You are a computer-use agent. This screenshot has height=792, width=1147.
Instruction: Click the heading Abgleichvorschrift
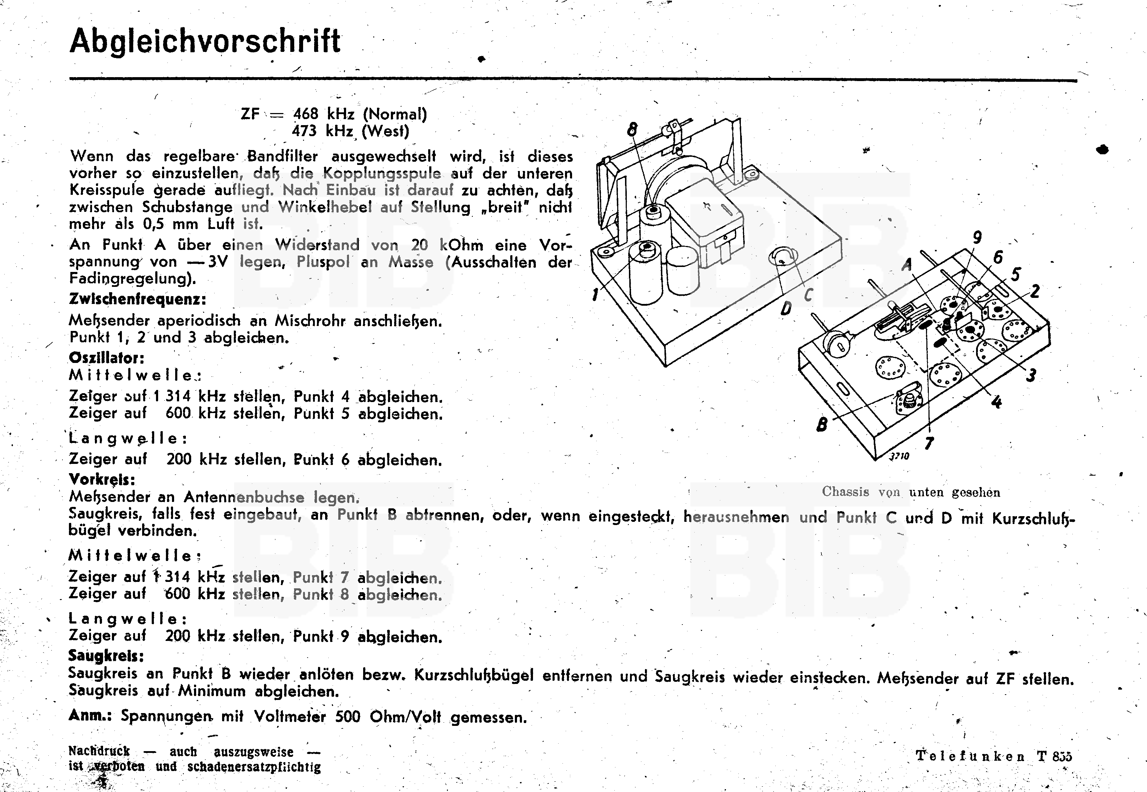[x=205, y=41]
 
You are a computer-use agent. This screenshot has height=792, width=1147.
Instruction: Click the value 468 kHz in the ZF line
[x=324, y=114]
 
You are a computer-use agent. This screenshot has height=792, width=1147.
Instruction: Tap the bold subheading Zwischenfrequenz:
[x=138, y=299]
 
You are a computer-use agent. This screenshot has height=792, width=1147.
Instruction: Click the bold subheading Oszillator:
[x=107, y=358]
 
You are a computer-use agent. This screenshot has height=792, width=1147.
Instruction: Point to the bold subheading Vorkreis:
[x=102, y=480]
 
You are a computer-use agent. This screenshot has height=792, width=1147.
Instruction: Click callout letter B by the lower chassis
[x=822, y=425]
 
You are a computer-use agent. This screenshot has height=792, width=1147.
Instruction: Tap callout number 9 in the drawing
[x=977, y=237]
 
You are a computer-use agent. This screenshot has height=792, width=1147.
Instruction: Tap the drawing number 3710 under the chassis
[x=899, y=456]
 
